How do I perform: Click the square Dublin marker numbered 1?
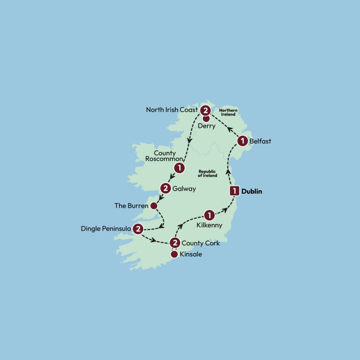pos(235,191)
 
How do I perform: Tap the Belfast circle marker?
pos(243,141)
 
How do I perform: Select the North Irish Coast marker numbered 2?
pos(205,110)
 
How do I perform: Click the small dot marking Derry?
pos(206,118)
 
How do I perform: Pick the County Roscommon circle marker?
pos(179,167)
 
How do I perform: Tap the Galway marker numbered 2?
pos(165,188)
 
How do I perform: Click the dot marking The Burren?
pos(154,206)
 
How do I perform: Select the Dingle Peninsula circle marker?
pos(138,229)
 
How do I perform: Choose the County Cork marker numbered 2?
pos(175,243)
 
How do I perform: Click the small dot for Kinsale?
pos(174,255)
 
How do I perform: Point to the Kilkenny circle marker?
pos(209,215)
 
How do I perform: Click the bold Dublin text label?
pos(252,192)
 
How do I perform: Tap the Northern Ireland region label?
pos(228,112)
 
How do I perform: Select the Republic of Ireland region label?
pos(208,174)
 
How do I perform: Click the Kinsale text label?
pos(191,255)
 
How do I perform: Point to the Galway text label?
pos(184,188)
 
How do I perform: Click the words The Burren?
pos(131,206)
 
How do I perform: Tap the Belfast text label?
pos(260,141)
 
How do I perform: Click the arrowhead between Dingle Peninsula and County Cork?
pos(154,240)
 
